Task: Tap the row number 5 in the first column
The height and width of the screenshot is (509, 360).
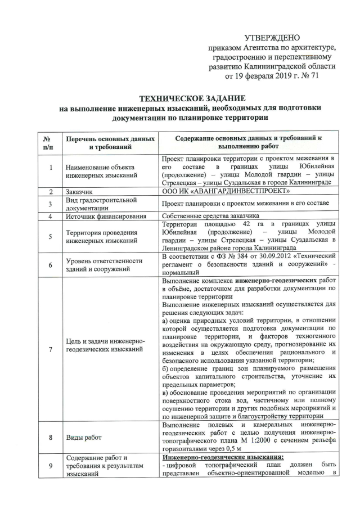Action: point(50,237)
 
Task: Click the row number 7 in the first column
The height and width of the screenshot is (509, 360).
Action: point(50,349)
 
